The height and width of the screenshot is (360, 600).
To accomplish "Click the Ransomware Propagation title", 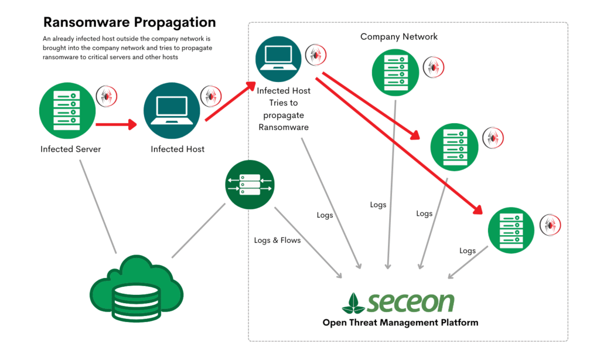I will coord(129,23).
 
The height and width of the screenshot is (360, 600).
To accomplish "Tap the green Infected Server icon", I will coord(66,108).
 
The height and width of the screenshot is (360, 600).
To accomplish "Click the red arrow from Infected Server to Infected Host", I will coord(115,124).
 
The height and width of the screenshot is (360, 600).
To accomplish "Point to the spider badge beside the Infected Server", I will coord(107,96).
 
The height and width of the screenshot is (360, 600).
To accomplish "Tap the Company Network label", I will coord(398,37).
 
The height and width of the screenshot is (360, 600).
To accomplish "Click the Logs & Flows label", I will coord(277,240).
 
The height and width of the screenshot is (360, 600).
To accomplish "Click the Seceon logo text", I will coord(411,303).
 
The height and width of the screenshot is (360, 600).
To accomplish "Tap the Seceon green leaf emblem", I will coord(353,303).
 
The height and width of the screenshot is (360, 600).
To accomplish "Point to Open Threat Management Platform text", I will coord(400,322).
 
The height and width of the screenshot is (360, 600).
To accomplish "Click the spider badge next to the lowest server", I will coord(550,225).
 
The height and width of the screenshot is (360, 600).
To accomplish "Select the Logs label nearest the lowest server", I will coord(468,251).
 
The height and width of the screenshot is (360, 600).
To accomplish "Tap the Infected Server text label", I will coord(70,149).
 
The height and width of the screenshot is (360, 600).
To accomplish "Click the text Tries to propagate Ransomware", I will coord(285,115).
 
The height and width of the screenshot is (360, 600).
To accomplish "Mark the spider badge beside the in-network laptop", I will coord(316,55).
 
